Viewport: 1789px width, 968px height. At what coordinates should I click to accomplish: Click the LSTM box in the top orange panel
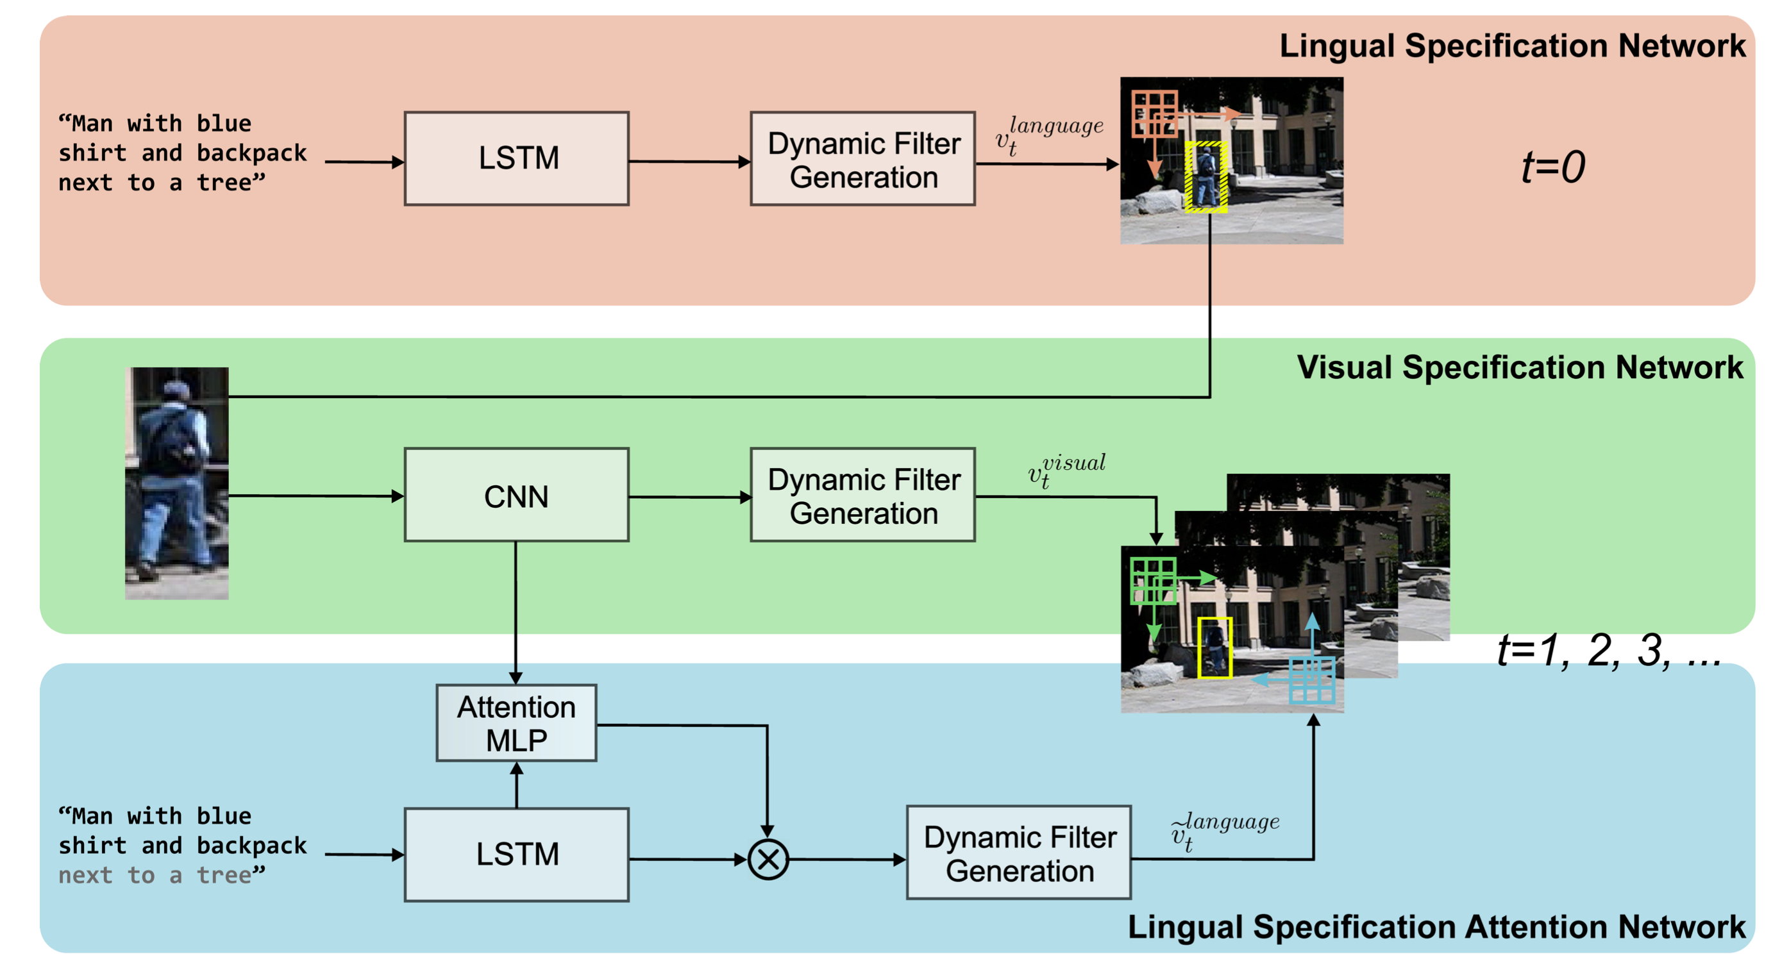tap(517, 158)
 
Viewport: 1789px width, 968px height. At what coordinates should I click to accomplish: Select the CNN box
tap(517, 495)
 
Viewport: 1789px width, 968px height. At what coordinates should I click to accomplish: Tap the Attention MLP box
tap(516, 723)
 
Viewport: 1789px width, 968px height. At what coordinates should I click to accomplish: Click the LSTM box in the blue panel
tap(517, 854)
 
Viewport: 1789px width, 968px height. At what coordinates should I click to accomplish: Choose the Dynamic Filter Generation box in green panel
tap(862, 495)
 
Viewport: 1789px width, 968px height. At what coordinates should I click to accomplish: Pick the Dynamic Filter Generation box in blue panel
tap(1019, 853)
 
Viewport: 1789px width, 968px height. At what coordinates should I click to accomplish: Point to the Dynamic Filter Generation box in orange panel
tap(862, 159)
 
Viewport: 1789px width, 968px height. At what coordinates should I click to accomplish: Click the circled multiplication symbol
tap(768, 860)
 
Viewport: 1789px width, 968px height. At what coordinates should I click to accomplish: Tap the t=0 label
tap(1553, 167)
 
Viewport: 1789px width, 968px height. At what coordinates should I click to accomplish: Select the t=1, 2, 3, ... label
tap(1608, 651)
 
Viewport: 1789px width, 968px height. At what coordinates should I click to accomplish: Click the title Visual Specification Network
tap(1519, 367)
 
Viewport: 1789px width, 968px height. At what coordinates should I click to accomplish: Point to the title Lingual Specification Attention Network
tap(1436, 927)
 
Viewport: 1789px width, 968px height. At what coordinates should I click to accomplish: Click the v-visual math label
tap(1067, 470)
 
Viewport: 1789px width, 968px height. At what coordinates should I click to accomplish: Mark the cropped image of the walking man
tap(177, 483)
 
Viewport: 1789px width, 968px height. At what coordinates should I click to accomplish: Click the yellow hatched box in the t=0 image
tap(1206, 176)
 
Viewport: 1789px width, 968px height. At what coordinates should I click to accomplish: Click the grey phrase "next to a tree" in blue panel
tap(161, 876)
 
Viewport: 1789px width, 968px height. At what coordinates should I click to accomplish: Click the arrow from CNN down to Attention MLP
tap(516, 611)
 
